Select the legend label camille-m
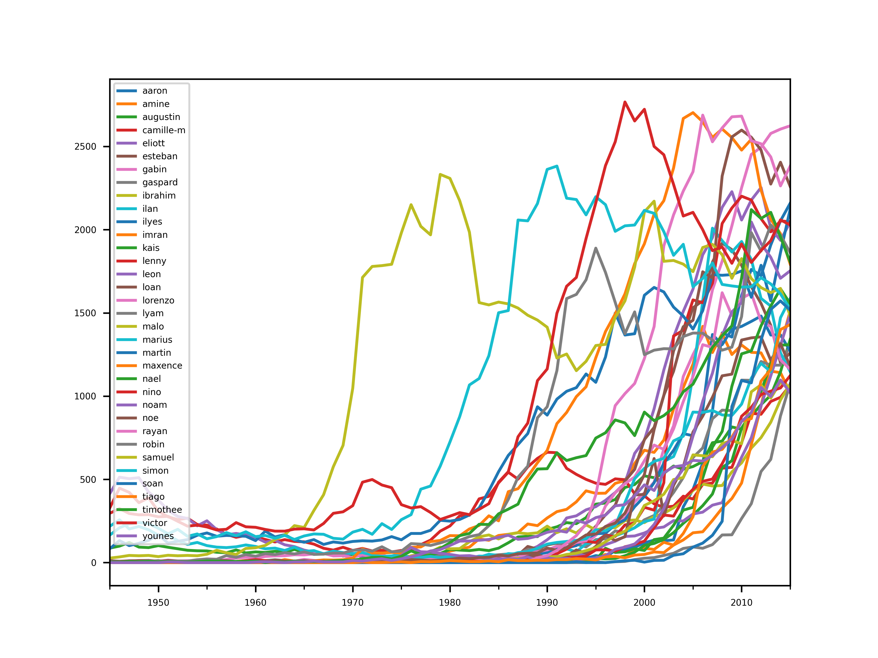click(x=163, y=130)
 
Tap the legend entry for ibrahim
click(x=159, y=196)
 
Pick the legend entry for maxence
click(x=162, y=366)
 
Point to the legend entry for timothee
click(x=162, y=510)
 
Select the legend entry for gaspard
click(x=160, y=183)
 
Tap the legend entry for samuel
click(x=158, y=458)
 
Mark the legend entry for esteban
click(x=160, y=156)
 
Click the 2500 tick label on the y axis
click(x=85, y=147)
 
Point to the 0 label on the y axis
click(x=94, y=563)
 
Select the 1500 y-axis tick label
click(x=85, y=313)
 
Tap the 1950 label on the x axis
click(x=158, y=603)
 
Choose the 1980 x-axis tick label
click(x=450, y=603)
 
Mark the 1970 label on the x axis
click(x=353, y=603)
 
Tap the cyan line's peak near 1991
click(x=557, y=166)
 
